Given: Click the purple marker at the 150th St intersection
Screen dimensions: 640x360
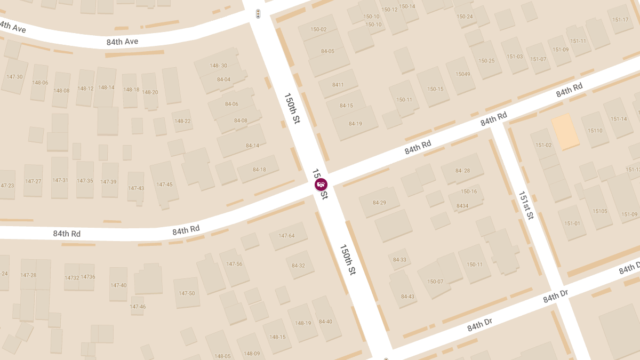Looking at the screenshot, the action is pyautogui.click(x=321, y=185).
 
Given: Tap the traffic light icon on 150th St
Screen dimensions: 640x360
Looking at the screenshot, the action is pyautogui.click(x=258, y=14).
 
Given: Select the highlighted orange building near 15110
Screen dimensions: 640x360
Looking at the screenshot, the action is pyautogui.click(x=565, y=131).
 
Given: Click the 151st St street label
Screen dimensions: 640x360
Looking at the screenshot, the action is pyautogui.click(x=526, y=206).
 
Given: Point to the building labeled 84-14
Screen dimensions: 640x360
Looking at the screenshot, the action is pyautogui.click(x=252, y=146).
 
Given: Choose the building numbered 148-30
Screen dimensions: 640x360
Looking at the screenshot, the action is pyautogui.click(x=218, y=66).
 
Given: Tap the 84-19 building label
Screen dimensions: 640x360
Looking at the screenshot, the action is pyautogui.click(x=355, y=124).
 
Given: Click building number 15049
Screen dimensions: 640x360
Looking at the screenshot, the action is pyautogui.click(x=462, y=74).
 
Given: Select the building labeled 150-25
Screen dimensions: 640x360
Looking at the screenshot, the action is pyautogui.click(x=486, y=60).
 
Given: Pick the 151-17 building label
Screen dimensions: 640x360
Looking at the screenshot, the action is pyautogui.click(x=620, y=20).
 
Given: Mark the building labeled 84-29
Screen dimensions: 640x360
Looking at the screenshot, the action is pyautogui.click(x=379, y=203).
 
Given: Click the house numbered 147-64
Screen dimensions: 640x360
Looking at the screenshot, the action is pyautogui.click(x=286, y=236).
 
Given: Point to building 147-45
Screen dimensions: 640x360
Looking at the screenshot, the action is pyautogui.click(x=164, y=185).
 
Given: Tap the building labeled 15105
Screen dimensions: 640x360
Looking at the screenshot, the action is pyautogui.click(x=599, y=211).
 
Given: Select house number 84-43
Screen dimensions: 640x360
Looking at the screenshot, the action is pyautogui.click(x=407, y=297).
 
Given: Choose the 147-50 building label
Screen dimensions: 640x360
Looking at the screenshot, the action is pyautogui.click(x=187, y=293).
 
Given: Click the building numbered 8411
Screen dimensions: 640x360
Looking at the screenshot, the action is pyautogui.click(x=338, y=85).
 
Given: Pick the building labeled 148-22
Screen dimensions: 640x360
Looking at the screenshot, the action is pyautogui.click(x=182, y=121).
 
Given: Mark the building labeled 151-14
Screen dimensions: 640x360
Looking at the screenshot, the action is pyautogui.click(x=619, y=119).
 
